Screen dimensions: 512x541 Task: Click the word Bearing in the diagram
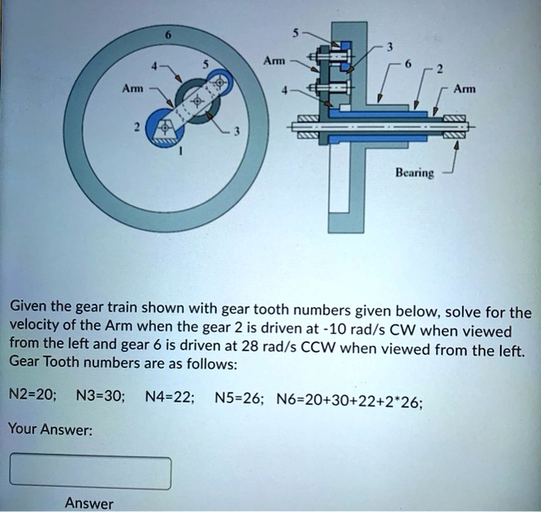[415, 175]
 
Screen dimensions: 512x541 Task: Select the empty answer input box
[90, 472]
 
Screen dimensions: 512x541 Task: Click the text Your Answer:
[50, 428]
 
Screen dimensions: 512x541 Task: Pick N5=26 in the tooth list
[241, 398]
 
